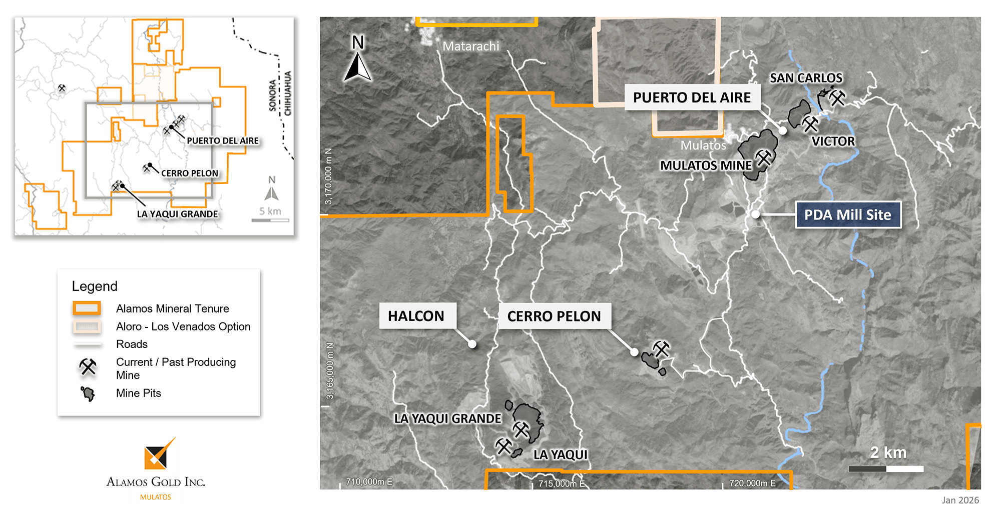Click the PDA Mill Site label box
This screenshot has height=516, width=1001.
click(x=848, y=215)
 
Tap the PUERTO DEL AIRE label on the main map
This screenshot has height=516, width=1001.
click(x=692, y=97)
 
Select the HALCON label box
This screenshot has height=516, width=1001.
click(x=416, y=316)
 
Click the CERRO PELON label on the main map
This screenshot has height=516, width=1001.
click(x=554, y=316)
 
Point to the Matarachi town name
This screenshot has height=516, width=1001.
click(x=470, y=46)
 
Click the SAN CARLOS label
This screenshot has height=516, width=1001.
click(x=806, y=78)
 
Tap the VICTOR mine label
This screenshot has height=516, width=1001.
click(x=833, y=141)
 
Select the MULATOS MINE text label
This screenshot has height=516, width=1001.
click(x=706, y=165)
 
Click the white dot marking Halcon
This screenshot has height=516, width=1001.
click(x=472, y=344)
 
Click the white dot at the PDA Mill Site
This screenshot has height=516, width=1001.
click(x=756, y=214)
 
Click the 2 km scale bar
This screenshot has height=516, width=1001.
click(x=886, y=469)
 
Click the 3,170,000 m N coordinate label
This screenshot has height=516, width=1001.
click(x=328, y=176)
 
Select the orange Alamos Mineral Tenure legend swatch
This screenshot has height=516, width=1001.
click(x=87, y=308)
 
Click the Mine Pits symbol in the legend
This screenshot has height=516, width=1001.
click(x=88, y=394)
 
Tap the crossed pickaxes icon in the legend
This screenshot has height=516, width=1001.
click(x=88, y=367)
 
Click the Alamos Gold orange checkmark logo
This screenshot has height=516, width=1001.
click(x=158, y=453)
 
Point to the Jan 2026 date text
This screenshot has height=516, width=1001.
click(x=960, y=500)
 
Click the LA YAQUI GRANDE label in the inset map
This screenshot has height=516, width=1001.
click(x=177, y=214)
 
